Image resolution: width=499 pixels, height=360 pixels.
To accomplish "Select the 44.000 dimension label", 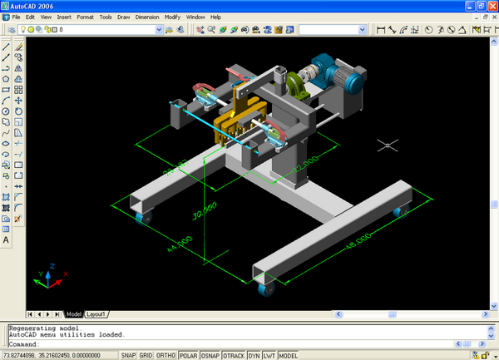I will pyautogui.click(x=180, y=244).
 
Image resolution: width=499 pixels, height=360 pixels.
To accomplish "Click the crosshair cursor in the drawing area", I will pyautogui.click(x=385, y=145).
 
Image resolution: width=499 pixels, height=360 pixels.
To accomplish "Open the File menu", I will pyautogui.click(x=17, y=17).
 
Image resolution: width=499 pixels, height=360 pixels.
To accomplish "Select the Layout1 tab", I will pyautogui.click(x=97, y=314).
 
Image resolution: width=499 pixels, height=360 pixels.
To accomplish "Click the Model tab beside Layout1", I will pyautogui.click(x=75, y=314).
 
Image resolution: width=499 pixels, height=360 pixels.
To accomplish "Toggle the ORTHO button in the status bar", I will pyautogui.click(x=167, y=355).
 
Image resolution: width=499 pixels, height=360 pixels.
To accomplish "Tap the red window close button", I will pyautogui.click(x=491, y=5).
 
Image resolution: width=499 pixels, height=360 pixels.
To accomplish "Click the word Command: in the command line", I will pyautogui.click(x=24, y=343).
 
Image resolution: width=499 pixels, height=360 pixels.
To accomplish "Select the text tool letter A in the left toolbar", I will pyautogui.click(x=7, y=239).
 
